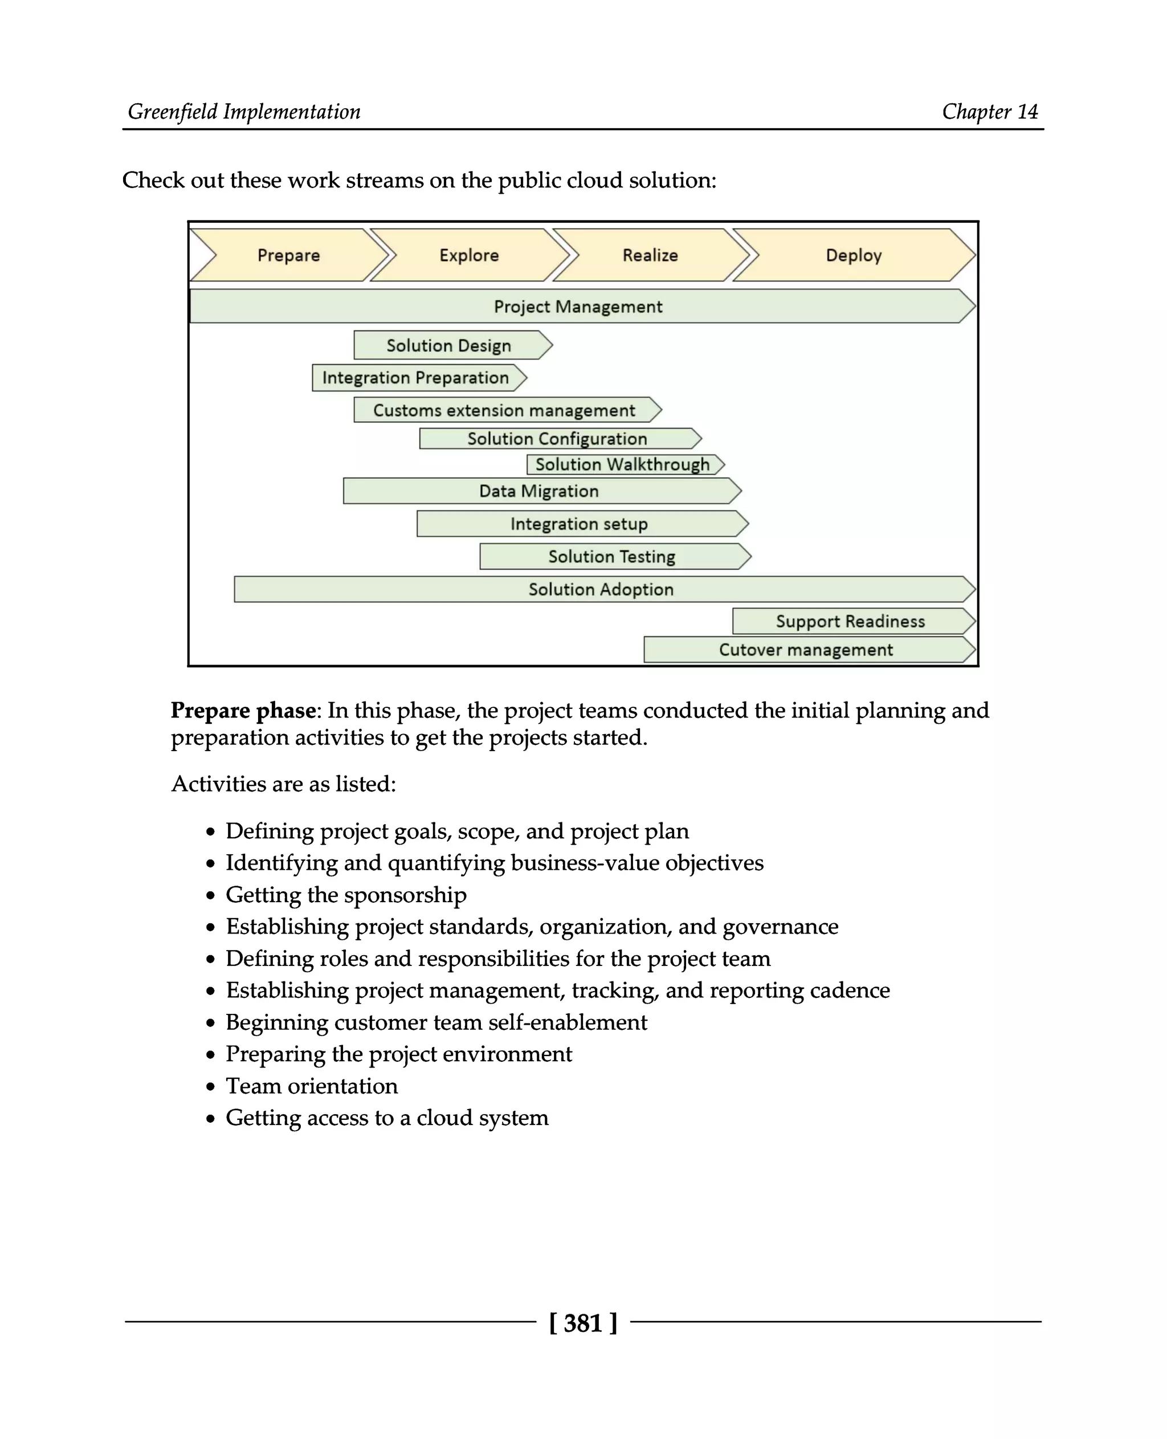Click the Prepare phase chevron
[x=289, y=255]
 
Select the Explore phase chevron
[x=469, y=255]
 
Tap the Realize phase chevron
[x=650, y=255]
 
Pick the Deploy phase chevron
[x=853, y=255]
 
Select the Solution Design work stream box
[x=449, y=345]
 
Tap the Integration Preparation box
[x=415, y=378]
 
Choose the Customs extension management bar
[x=504, y=410]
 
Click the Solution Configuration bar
[x=557, y=439]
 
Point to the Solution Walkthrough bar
[x=622, y=464]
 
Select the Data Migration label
[x=539, y=491]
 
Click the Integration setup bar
[x=579, y=524]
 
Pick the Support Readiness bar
[x=850, y=621]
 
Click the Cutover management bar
[x=806, y=650]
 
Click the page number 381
[x=583, y=1323]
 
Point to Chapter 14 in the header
[x=990, y=112]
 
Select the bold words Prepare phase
[x=243, y=711]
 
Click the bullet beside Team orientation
[x=211, y=1087]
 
